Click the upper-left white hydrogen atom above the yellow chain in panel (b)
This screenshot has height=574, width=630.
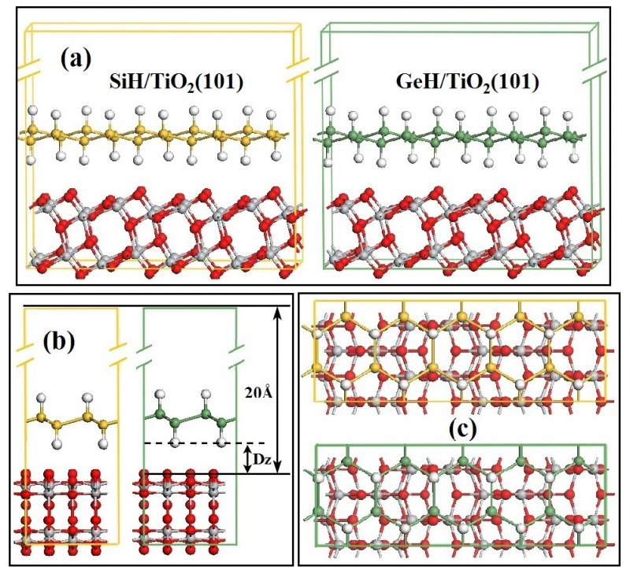(42, 396)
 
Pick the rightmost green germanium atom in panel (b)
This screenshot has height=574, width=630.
(223, 425)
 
